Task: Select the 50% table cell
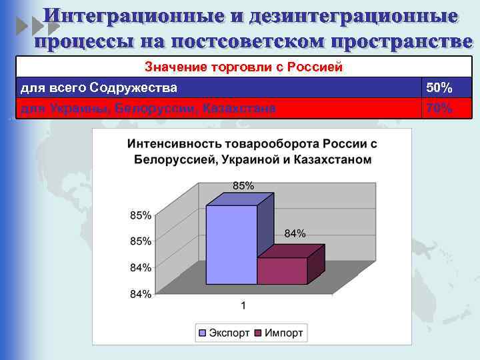click(439, 88)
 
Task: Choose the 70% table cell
click(439, 109)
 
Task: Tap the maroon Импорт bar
click(282, 271)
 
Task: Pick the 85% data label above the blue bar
click(243, 185)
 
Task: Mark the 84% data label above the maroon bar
click(295, 233)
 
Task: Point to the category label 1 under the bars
click(243, 306)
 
